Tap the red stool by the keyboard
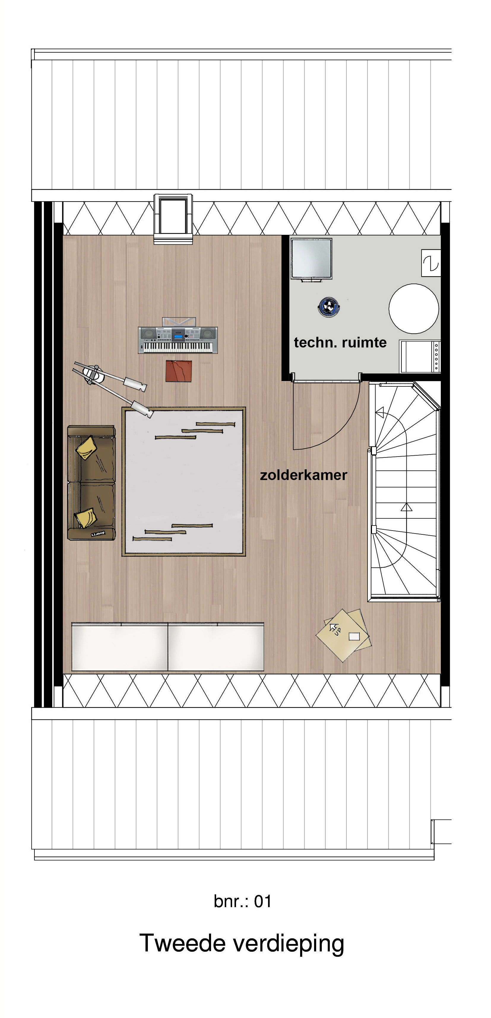pyautogui.click(x=179, y=371)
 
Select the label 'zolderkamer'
pyautogui.click(x=303, y=475)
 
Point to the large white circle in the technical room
pyautogui.click(x=414, y=309)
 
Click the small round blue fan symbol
pyautogui.click(x=329, y=307)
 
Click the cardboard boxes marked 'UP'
pyautogui.click(x=344, y=634)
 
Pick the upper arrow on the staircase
pyautogui.click(x=381, y=413)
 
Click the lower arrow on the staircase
pyautogui.click(x=406, y=507)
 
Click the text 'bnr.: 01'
pyautogui.click(x=242, y=901)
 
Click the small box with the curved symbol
pyautogui.click(x=431, y=263)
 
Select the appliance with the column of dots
pyautogui.click(x=420, y=356)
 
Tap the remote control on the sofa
pyautogui.click(x=98, y=534)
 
